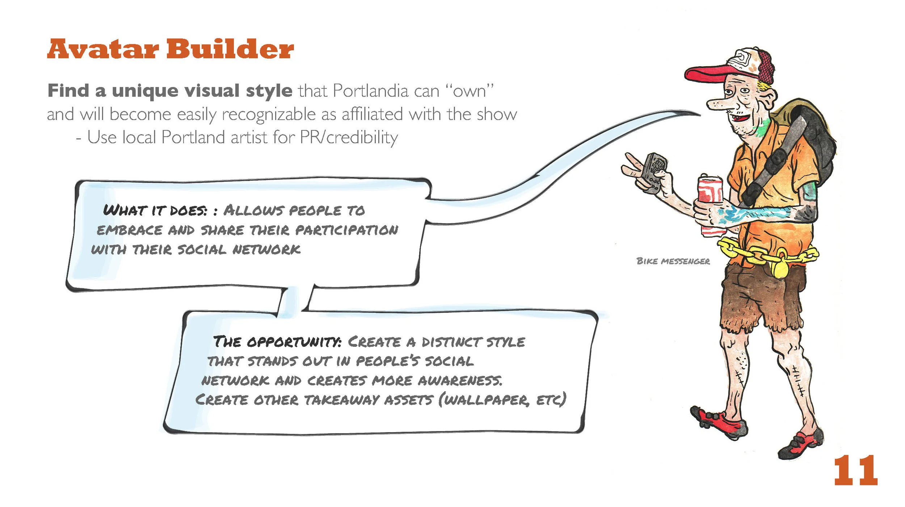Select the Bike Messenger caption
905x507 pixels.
(673, 261)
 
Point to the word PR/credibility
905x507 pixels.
(349, 138)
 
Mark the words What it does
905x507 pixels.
(155, 210)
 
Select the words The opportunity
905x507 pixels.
(277, 342)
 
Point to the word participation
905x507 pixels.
(347, 230)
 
